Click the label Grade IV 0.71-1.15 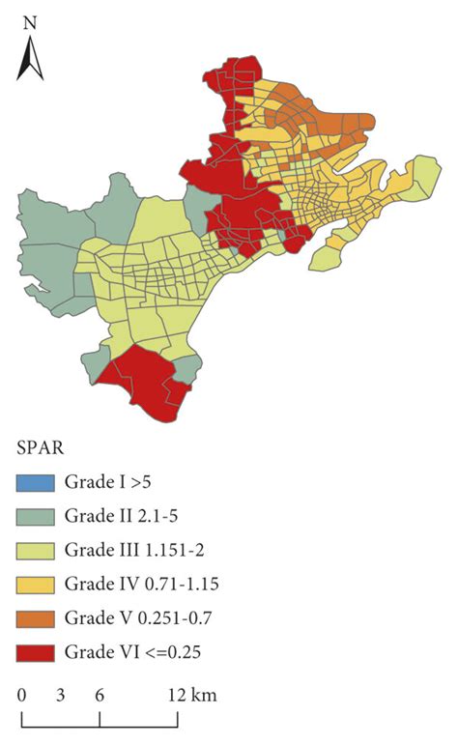pos(139,584)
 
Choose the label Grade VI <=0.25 pos(129,650)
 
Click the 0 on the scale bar pos(22,696)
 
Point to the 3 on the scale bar pos(60,696)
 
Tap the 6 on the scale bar pos(100,696)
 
